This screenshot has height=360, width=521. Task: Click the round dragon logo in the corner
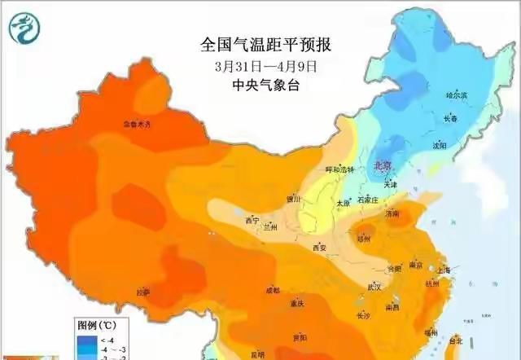[25, 29]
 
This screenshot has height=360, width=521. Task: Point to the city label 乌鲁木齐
[137, 125]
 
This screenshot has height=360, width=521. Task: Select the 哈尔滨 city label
[457, 96]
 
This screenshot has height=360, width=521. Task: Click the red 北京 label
[381, 165]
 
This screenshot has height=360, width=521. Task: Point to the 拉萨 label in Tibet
[143, 292]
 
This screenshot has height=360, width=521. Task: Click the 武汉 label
[374, 287]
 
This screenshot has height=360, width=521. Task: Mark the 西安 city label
[318, 248]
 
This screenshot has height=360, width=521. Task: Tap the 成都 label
[271, 290]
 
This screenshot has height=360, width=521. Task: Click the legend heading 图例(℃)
[92, 325]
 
